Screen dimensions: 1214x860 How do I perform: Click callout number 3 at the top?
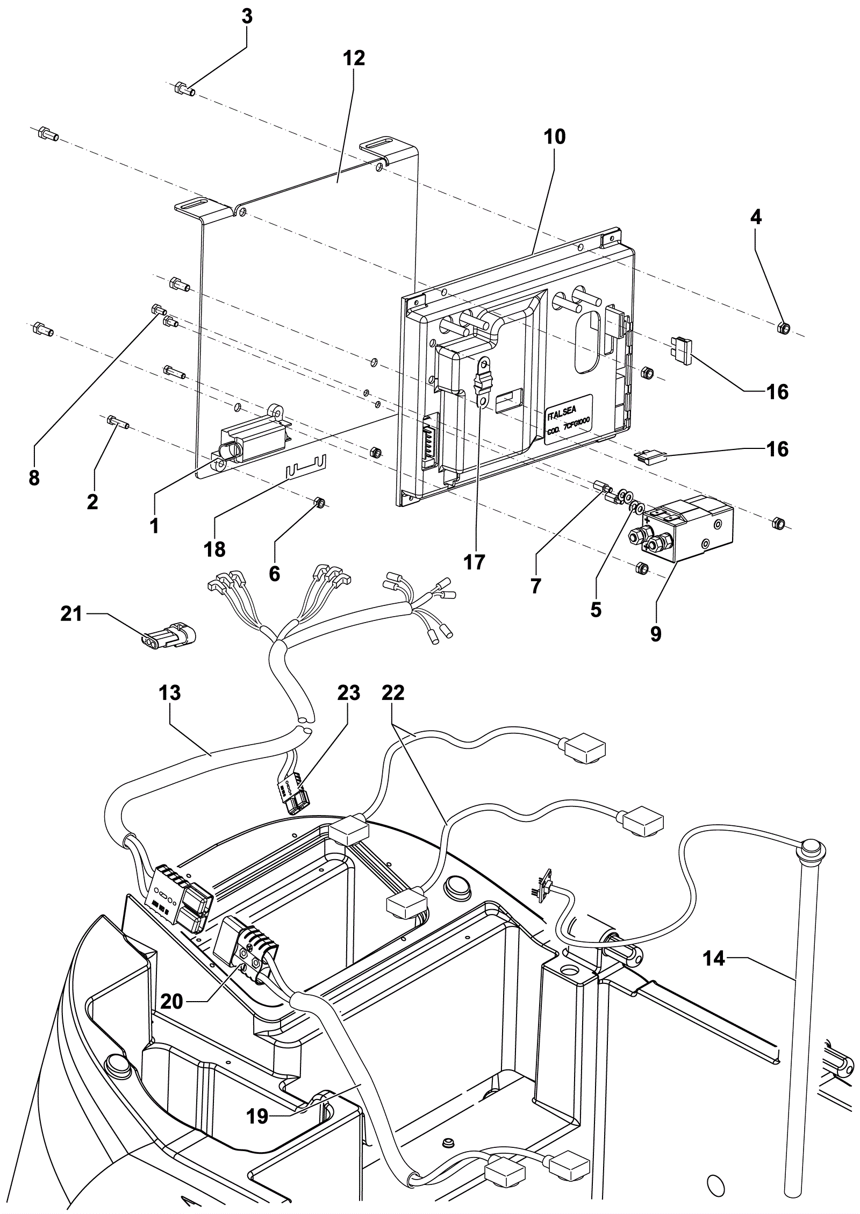[247, 17]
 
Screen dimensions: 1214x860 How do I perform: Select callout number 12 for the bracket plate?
[353, 58]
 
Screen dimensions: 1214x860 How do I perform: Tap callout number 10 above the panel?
[555, 137]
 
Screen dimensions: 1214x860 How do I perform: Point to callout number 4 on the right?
[755, 217]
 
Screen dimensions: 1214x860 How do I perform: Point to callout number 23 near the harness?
[348, 693]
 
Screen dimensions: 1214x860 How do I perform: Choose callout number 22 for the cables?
[392, 693]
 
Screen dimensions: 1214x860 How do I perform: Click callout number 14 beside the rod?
[714, 958]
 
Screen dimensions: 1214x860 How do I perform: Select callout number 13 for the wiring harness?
[170, 693]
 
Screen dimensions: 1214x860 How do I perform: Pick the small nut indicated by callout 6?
[318, 503]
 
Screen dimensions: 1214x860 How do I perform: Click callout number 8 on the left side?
[34, 477]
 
